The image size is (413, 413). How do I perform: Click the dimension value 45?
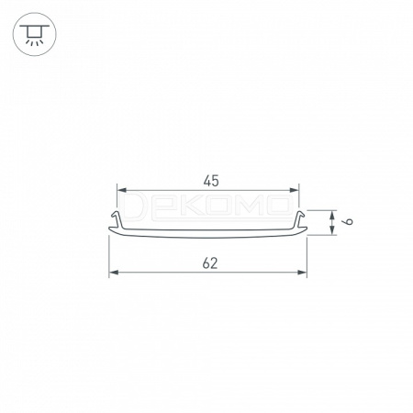pos(211,181)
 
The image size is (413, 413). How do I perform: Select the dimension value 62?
pos(210,263)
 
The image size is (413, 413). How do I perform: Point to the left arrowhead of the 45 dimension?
pos(121,190)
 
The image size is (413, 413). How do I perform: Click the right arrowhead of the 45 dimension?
pos(295,190)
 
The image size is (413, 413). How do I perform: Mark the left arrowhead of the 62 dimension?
pos(114,273)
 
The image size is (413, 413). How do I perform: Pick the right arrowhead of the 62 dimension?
pos(302,273)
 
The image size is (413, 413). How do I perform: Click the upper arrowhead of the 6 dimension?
pos(332,215)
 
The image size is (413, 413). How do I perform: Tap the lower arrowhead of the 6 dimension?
pos(332,230)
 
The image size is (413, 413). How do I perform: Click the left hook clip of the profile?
pos(117,219)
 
